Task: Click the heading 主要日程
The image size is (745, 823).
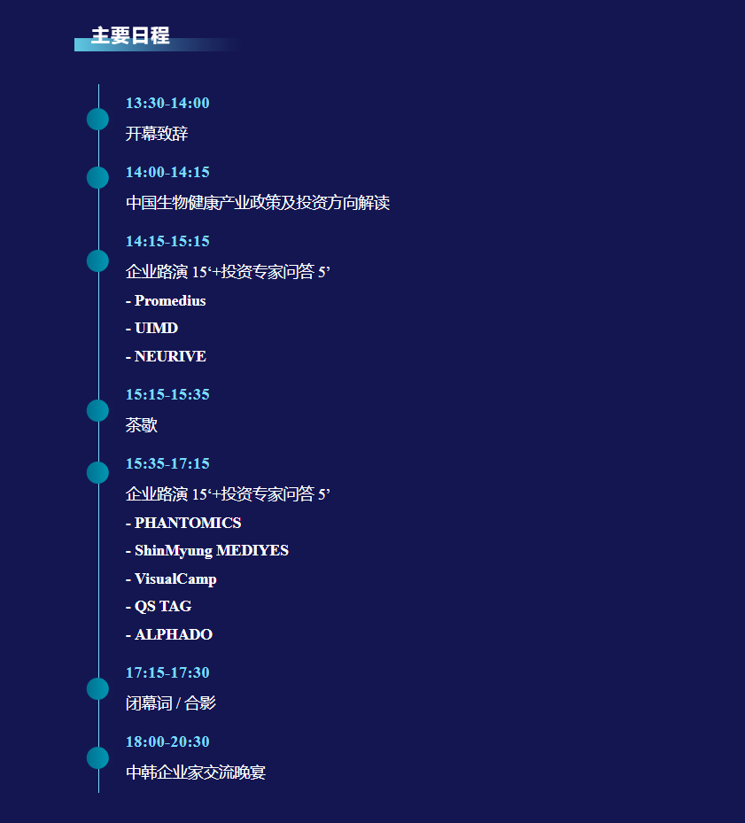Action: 130,36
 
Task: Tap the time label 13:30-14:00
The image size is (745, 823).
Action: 167,103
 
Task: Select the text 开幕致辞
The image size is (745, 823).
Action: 157,134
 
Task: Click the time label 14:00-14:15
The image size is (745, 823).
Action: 167,172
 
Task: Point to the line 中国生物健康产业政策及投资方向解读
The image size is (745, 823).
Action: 257,203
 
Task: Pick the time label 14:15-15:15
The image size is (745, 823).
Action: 167,241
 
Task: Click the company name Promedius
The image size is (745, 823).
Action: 170,301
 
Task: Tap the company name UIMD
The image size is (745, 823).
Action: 156,329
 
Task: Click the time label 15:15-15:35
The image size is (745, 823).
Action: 167,394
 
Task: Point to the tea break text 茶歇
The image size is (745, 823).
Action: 142,425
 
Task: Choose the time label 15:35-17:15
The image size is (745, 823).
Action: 167,463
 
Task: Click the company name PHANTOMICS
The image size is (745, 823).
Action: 188,524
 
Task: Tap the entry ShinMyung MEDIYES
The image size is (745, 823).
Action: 212,551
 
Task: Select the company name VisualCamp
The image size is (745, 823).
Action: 175,579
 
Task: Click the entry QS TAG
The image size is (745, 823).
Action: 163,607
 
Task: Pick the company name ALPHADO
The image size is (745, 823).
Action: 174,635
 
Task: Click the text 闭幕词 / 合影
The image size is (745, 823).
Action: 171,703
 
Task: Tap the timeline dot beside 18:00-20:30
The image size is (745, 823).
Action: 97,757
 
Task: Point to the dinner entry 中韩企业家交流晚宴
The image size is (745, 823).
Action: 196,773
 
